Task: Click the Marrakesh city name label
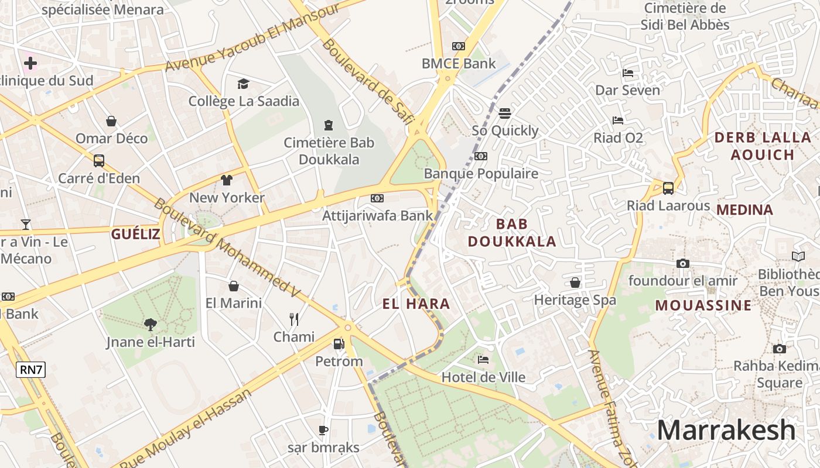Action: pos(726,431)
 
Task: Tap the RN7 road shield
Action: pos(31,370)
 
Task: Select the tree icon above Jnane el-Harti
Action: pos(151,324)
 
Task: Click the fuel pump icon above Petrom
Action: pos(339,344)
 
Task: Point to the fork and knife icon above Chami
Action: pos(294,319)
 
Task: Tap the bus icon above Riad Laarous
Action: pos(668,188)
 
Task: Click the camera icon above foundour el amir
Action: pos(682,263)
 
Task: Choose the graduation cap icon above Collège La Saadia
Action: pos(243,84)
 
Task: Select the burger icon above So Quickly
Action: pos(505,113)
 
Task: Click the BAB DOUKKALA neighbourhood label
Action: pos(512,232)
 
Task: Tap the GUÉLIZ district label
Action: pos(136,235)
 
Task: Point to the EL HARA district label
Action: pos(416,304)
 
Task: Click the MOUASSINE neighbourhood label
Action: pos(703,305)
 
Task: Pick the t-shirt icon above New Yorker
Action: pos(227,180)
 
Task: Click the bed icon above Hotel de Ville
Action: pos(483,359)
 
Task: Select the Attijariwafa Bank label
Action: pos(378,215)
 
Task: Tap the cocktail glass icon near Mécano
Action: pos(25,224)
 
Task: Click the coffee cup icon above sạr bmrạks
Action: pos(323,430)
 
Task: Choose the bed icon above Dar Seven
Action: pos(628,73)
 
